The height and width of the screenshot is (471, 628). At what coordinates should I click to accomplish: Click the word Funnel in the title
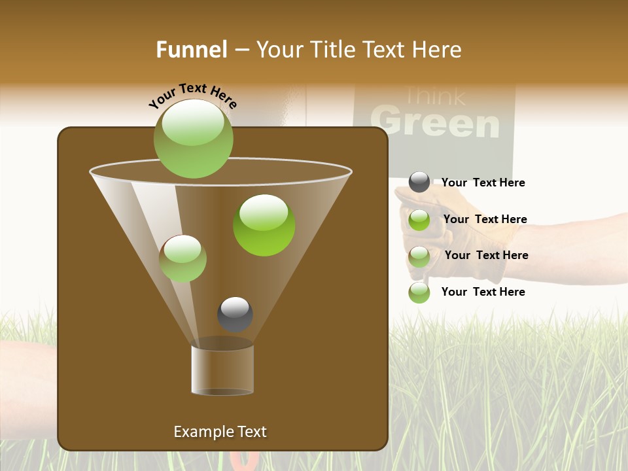point(192,50)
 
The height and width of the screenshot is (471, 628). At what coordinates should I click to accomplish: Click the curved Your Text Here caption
point(192,96)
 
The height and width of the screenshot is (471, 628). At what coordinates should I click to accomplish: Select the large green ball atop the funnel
point(193,138)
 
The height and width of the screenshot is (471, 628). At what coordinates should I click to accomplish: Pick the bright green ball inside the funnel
point(264,225)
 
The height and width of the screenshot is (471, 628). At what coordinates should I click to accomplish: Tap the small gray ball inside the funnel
point(235,314)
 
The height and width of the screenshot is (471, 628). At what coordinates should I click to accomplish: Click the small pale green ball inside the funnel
point(183,258)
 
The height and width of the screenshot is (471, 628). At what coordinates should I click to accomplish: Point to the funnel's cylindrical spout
point(222,370)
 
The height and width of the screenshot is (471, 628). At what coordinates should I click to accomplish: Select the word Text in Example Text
point(252,432)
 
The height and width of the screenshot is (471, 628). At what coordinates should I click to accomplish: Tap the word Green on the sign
point(434,123)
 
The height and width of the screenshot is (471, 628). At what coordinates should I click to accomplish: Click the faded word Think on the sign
point(434,97)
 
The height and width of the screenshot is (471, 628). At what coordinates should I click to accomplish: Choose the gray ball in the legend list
point(419,183)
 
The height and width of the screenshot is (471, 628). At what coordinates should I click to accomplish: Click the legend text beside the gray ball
point(483,183)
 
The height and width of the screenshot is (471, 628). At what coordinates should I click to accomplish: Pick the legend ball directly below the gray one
point(419,220)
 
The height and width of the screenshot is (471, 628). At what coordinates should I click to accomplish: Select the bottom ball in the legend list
point(419,292)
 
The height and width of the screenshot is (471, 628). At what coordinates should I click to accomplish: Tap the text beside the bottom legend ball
point(483,292)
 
